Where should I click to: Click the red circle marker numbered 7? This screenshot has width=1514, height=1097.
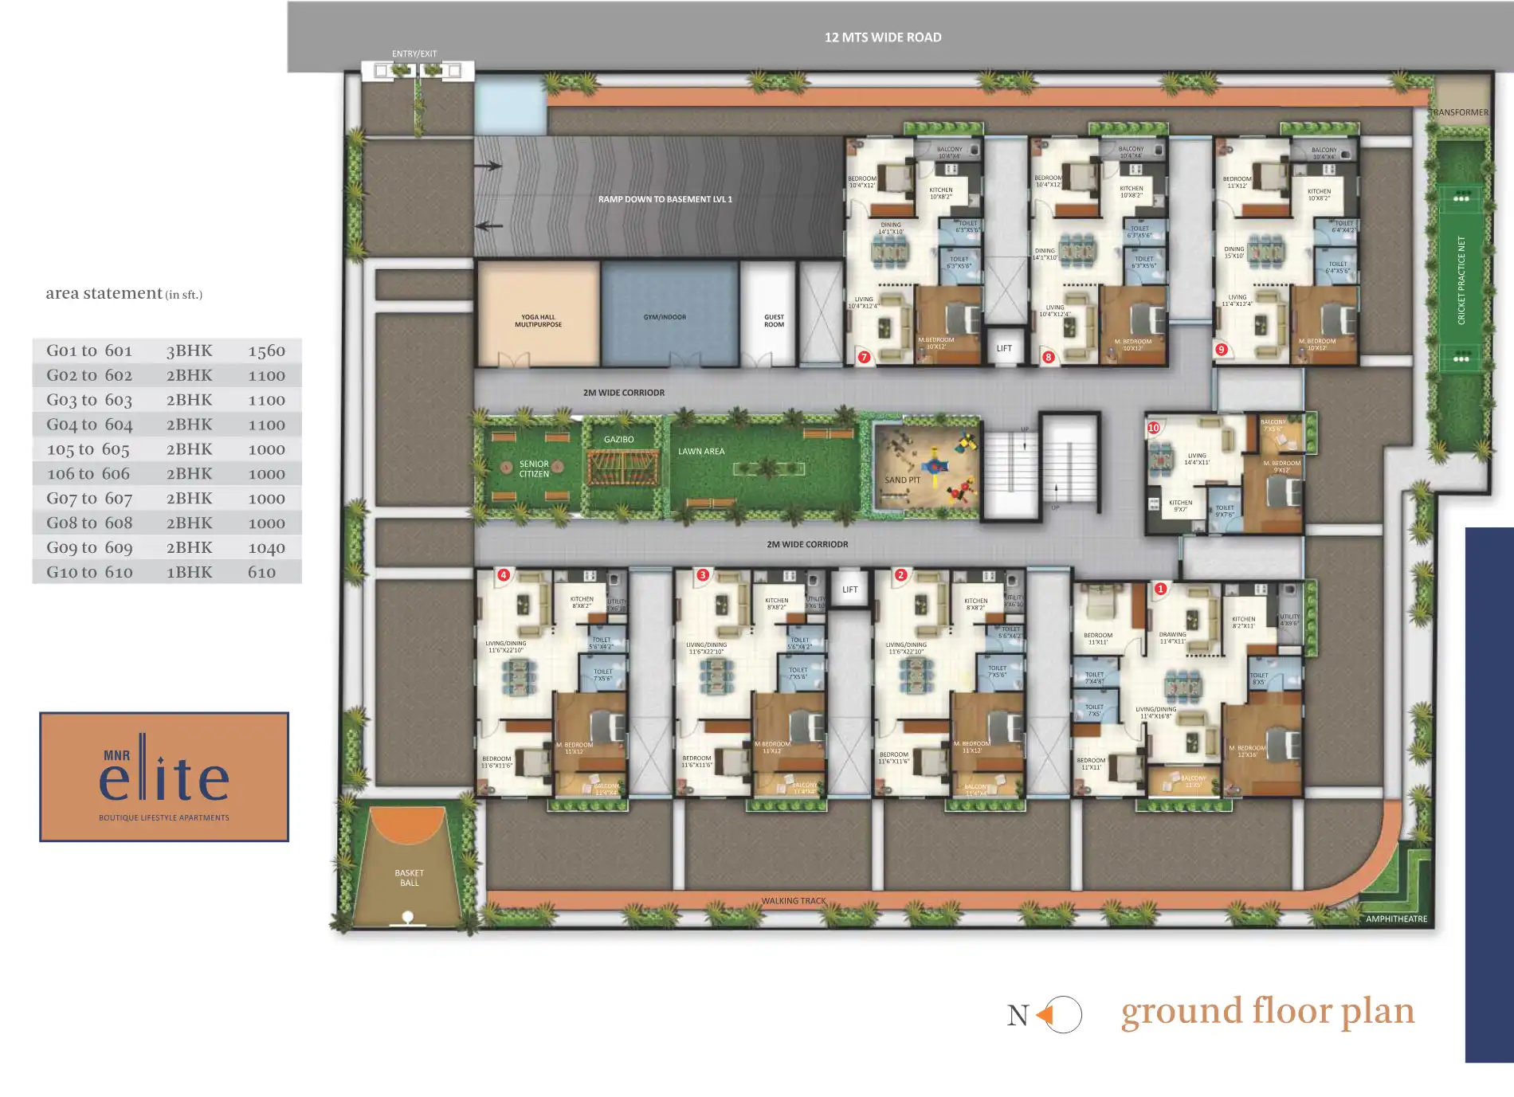(x=864, y=357)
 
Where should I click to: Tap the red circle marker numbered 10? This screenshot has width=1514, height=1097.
(x=1153, y=428)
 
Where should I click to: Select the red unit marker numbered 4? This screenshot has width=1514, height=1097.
(x=503, y=574)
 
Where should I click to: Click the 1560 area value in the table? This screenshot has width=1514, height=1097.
(x=266, y=351)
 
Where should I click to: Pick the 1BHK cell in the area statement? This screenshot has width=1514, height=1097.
(x=189, y=572)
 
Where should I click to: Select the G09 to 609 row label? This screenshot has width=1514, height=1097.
(x=89, y=547)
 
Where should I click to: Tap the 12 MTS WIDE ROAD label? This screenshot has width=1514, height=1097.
(x=883, y=37)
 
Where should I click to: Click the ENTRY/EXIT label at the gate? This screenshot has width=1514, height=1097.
(x=414, y=54)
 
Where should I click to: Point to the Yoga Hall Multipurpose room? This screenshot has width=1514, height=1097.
(x=538, y=320)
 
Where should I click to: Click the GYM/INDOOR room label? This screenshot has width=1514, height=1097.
(x=665, y=317)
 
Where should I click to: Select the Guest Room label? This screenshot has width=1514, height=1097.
(x=774, y=320)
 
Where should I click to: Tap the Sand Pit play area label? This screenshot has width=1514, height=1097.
(x=902, y=480)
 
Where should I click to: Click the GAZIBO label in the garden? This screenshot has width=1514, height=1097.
(x=618, y=440)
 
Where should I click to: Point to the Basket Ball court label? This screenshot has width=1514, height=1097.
(x=409, y=878)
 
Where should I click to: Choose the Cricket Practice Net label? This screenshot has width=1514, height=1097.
(x=1461, y=280)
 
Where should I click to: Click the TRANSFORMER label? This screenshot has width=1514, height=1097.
(x=1460, y=112)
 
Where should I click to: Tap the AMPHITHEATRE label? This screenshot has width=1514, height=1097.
(x=1396, y=919)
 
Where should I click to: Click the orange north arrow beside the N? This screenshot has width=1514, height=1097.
(x=1045, y=1015)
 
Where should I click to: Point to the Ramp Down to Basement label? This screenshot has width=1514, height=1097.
(x=665, y=199)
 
